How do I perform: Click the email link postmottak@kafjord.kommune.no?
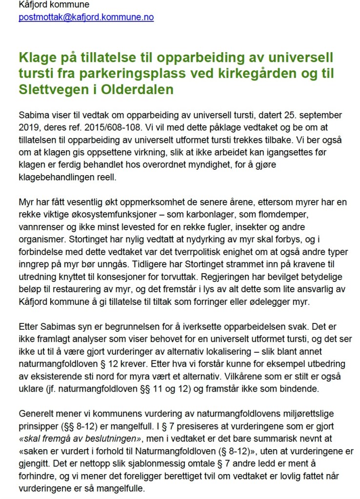pyautogui.click(x=86, y=17)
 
